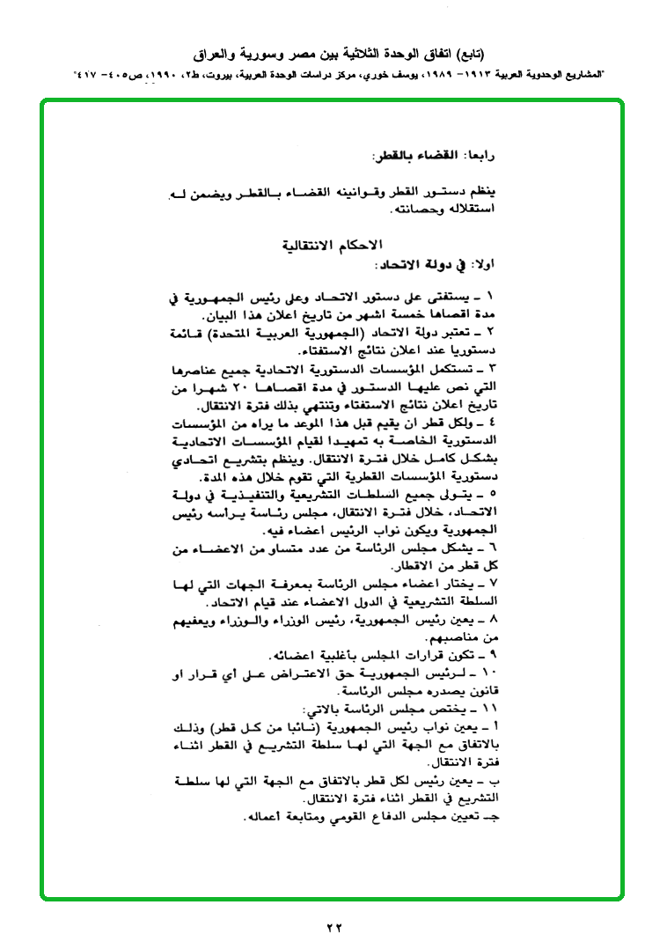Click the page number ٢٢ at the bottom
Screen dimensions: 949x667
click(x=333, y=926)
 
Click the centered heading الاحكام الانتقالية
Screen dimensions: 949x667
click(x=333, y=245)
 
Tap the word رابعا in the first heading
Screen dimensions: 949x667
click(x=480, y=155)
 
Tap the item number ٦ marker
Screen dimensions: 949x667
click(x=491, y=548)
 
